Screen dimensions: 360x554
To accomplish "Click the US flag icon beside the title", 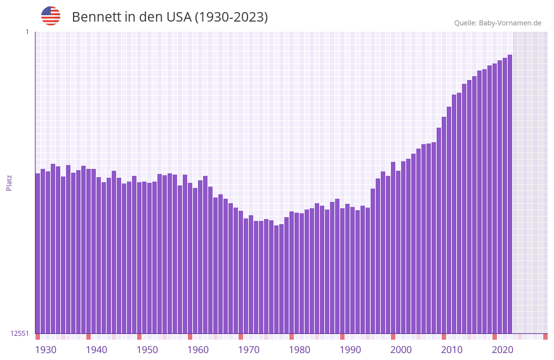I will (51, 16).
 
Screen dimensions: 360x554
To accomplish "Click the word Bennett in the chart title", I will (96, 17).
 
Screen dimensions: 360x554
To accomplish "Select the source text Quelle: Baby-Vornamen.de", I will (498, 23).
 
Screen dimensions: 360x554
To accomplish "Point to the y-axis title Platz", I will (9, 182).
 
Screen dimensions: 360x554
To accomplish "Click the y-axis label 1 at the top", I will (27, 32).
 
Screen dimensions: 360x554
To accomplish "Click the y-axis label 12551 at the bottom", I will (20, 333).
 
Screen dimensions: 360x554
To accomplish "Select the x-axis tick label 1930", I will (46, 350).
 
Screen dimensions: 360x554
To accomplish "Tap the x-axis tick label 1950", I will (147, 350).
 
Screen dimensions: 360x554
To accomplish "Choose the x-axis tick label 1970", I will (249, 350).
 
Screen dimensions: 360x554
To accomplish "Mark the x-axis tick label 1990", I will (350, 350).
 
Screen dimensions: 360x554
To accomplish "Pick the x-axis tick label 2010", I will (452, 350).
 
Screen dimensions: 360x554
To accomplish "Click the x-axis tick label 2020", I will (503, 350).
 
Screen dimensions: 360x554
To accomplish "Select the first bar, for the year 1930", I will (37, 254).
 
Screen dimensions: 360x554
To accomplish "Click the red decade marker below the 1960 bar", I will (190, 337).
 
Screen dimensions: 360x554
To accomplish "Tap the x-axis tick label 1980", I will (300, 350).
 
